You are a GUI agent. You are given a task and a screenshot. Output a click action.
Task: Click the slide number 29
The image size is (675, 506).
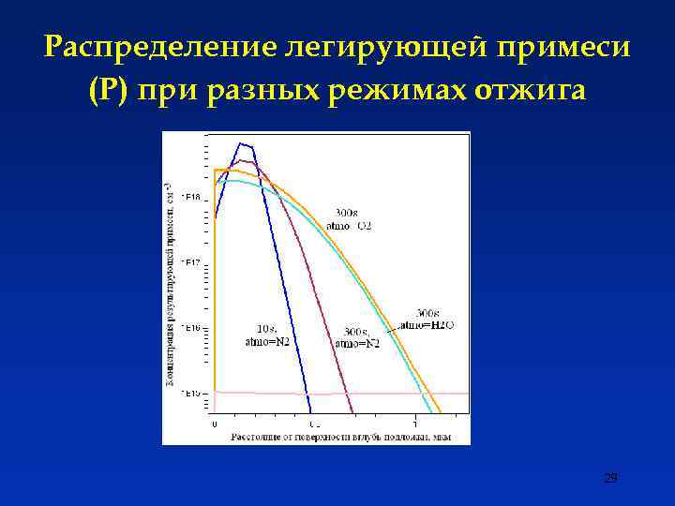[x=610, y=479]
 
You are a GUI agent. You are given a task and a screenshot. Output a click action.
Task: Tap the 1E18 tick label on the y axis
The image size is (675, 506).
[x=191, y=197]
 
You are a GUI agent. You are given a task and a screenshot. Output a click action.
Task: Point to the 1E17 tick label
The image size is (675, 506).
[x=191, y=262]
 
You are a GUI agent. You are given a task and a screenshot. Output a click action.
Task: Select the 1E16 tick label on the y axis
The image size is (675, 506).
[x=191, y=327]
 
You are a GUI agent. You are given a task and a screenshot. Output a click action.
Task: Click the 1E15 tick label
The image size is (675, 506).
[x=191, y=393]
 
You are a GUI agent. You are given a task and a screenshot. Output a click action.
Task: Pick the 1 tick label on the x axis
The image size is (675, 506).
[x=416, y=424]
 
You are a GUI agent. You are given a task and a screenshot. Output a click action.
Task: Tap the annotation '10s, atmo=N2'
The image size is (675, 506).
[x=266, y=335]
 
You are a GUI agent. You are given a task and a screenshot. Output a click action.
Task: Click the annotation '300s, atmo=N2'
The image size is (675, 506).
[x=357, y=337]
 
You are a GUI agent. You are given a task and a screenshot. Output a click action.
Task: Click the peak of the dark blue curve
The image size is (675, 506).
[x=244, y=143]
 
